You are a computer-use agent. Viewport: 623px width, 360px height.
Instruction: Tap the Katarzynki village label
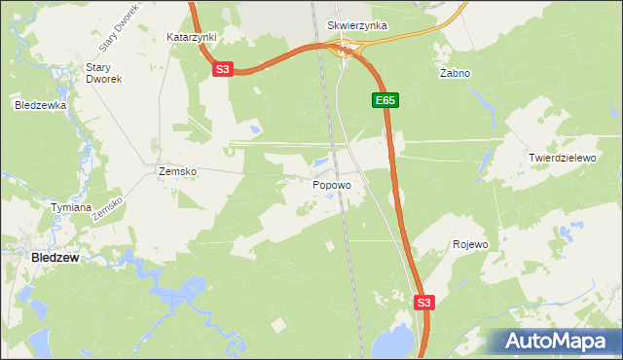pos(191,36)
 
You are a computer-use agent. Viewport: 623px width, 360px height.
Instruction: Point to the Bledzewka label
pos(40,104)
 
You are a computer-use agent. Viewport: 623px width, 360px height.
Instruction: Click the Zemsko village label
pos(177,171)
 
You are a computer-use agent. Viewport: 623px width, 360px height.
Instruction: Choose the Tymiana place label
pos(71,207)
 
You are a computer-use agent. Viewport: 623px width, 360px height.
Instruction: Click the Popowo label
pos(332,183)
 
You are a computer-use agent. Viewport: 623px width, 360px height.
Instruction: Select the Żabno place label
pos(455,73)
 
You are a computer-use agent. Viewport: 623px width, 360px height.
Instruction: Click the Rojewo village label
pos(470,244)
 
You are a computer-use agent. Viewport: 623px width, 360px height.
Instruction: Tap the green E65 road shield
pos(385,100)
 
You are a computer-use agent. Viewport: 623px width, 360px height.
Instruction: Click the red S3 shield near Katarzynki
pos(223,69)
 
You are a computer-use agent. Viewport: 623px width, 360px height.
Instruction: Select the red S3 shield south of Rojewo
pos(422,303)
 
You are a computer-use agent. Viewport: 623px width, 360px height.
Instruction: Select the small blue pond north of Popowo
pos(320,162)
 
